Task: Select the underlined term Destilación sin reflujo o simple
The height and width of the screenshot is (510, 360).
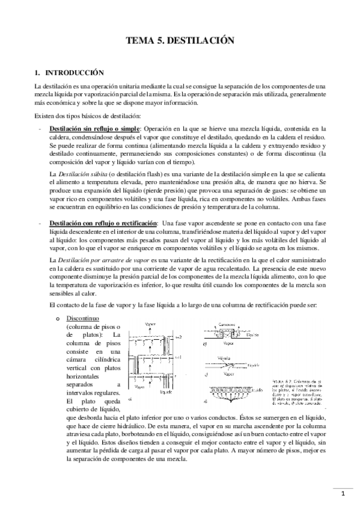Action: tap(94, 129)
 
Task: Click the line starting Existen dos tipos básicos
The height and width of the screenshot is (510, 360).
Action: tap(88, 115)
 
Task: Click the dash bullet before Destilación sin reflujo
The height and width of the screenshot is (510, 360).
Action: tap(40, 129)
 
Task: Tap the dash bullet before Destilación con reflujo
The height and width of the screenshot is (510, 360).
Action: tap(40, 224)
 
